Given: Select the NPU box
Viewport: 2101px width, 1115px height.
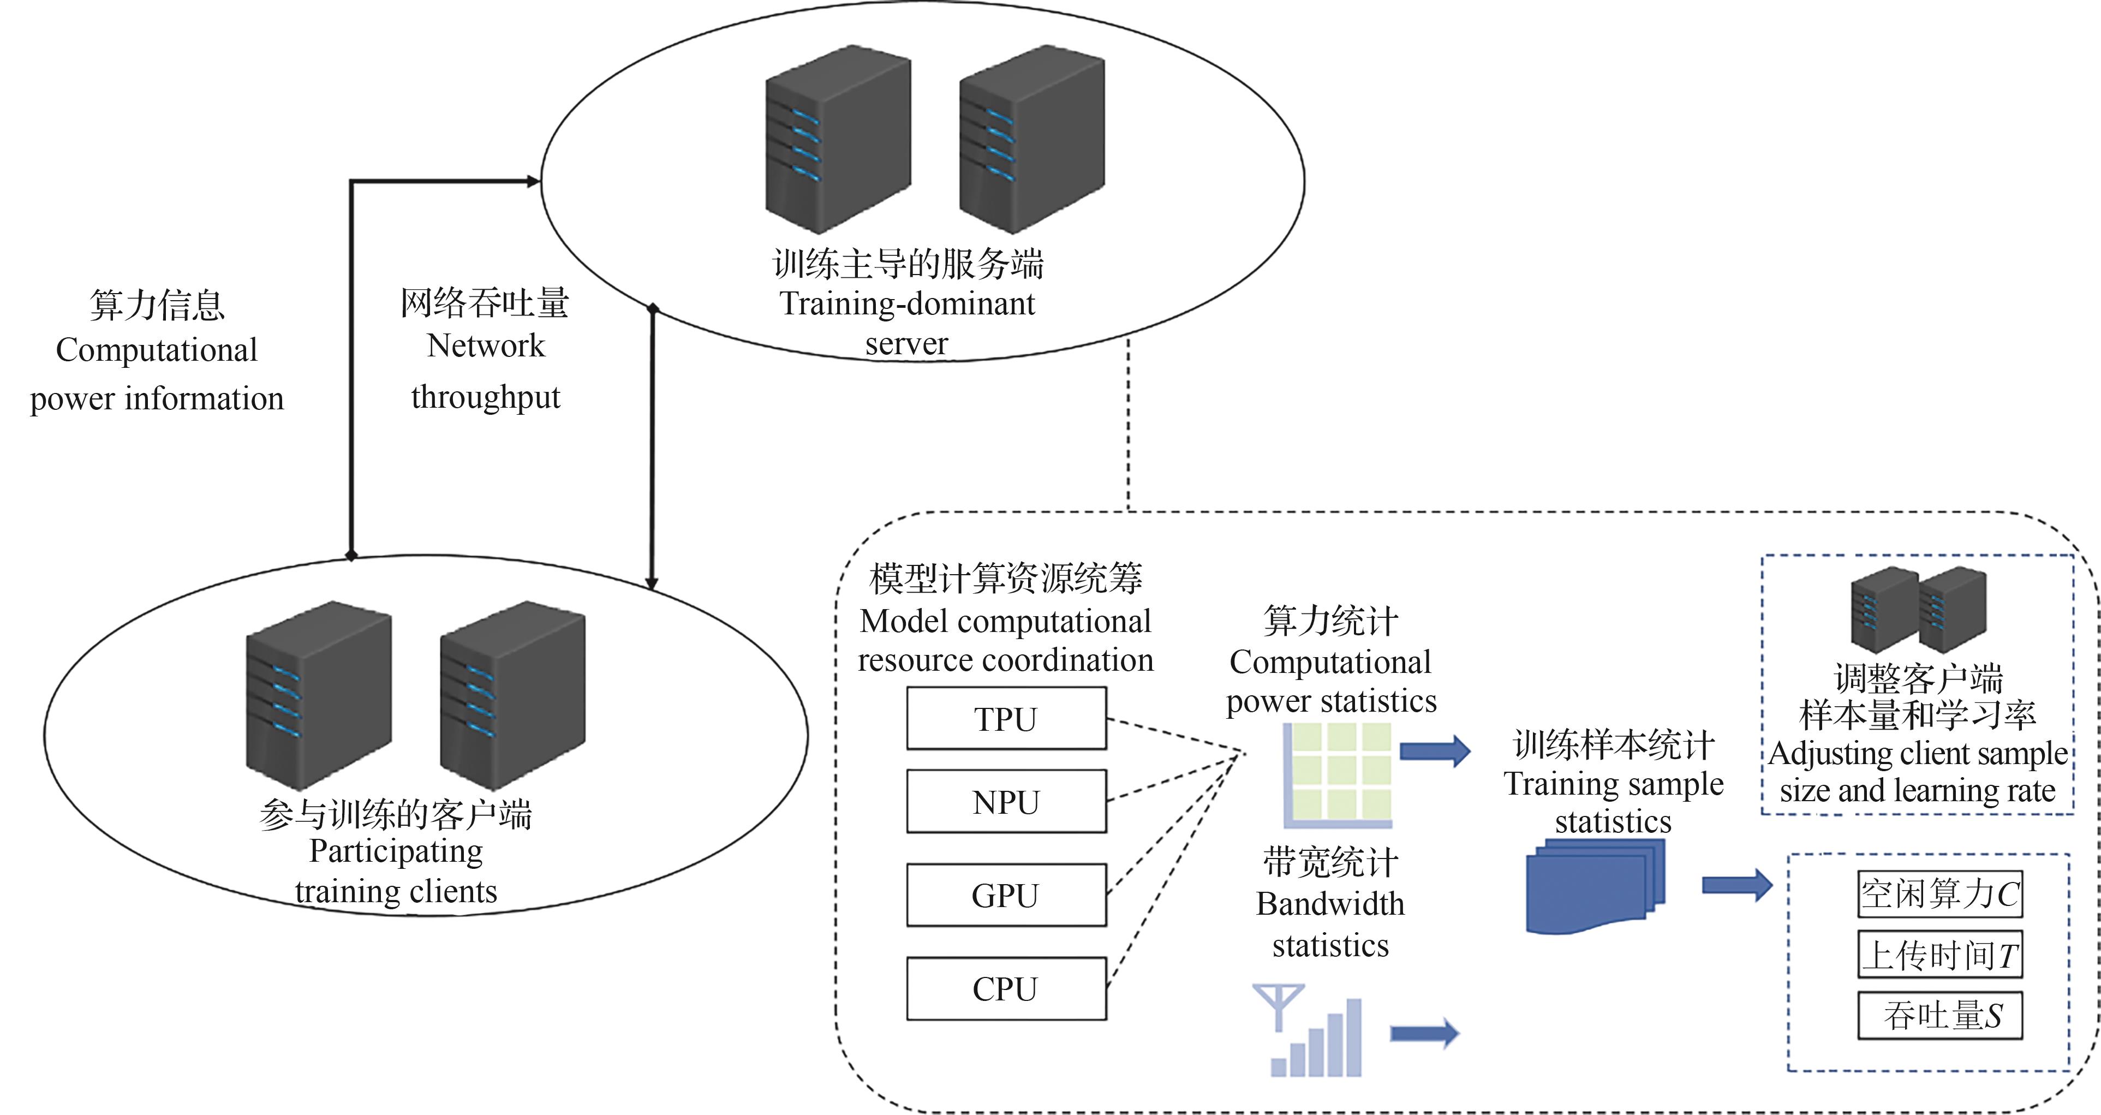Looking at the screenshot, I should coord(1006,801).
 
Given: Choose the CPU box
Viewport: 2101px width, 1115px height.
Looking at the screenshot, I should coord(1006,988).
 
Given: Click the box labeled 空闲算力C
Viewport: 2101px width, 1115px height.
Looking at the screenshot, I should coord(1939,894).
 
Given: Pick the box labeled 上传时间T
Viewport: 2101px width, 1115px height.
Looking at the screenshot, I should coord(1939,955).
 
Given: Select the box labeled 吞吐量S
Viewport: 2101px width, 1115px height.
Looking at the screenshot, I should coord(1939,1016).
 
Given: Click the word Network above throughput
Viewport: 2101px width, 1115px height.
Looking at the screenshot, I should coord(485,346).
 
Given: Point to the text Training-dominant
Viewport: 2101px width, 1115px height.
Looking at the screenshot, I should coord(907,303).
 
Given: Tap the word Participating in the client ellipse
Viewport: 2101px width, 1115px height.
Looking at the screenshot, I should coord(396,851).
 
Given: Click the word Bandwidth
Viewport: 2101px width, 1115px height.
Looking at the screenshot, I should coord(1330,904).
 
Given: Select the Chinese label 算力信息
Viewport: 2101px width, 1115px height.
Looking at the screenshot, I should coord(157,305).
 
